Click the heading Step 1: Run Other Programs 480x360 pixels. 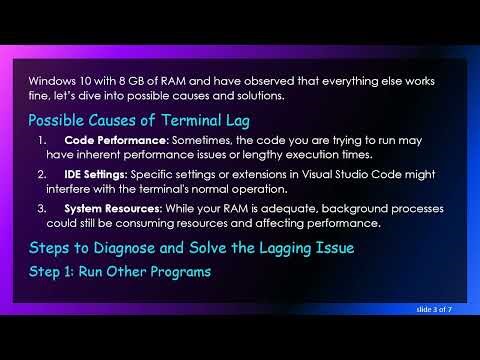click(120, 270)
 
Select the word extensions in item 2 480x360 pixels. click(255, 174)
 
